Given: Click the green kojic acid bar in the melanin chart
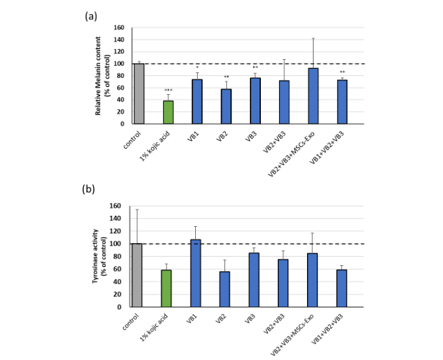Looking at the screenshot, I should [168, 112].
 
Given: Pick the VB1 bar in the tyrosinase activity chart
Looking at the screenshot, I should [196, 273].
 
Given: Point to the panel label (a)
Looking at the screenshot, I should [91, 16].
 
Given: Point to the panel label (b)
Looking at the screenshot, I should [91, 189].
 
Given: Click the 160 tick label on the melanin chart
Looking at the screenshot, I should [118, 28].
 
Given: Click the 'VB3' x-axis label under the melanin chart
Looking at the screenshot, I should [249, 136].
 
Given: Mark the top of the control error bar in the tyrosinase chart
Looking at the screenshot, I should [137, 209].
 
